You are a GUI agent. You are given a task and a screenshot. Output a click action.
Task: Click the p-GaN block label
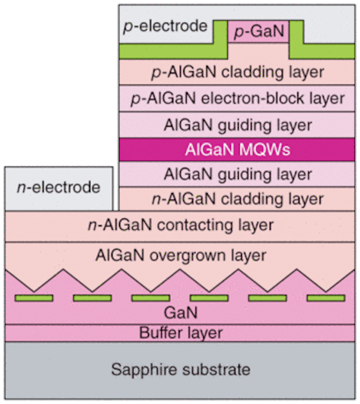coord(259,32)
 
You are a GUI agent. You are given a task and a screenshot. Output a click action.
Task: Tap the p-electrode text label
coord(165,27)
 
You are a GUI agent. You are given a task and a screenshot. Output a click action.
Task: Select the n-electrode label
coord(59,187)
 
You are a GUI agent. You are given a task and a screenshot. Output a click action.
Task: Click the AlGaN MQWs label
coord(237,150)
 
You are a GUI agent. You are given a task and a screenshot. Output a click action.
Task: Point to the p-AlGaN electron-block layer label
coord(237,99)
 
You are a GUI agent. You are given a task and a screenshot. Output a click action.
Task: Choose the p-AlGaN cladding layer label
coord(237,73)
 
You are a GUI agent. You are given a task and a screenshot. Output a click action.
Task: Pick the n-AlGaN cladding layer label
coord(237,199)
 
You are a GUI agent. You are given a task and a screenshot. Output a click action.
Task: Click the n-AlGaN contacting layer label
coord(181,226)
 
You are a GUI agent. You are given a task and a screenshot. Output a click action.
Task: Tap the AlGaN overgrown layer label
coord(181,256)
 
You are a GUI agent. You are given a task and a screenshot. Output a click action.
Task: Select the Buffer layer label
coord(181,333)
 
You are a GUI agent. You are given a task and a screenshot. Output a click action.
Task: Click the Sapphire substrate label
coord(181,370)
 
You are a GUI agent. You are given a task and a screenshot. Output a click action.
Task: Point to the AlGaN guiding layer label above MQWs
coord(237,126)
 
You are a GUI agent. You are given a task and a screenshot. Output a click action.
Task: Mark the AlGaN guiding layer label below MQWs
coord(237,174)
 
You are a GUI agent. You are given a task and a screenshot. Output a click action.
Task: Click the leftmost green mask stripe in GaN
coord(33,298)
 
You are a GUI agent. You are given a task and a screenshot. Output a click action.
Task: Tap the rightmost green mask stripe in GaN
coord(326,298)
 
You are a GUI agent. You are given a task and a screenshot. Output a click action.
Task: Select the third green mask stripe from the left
coord(150,298)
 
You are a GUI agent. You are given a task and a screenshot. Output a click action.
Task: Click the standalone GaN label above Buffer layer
coord(181,313)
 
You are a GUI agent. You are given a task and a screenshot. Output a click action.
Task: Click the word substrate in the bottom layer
coord(216,370)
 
